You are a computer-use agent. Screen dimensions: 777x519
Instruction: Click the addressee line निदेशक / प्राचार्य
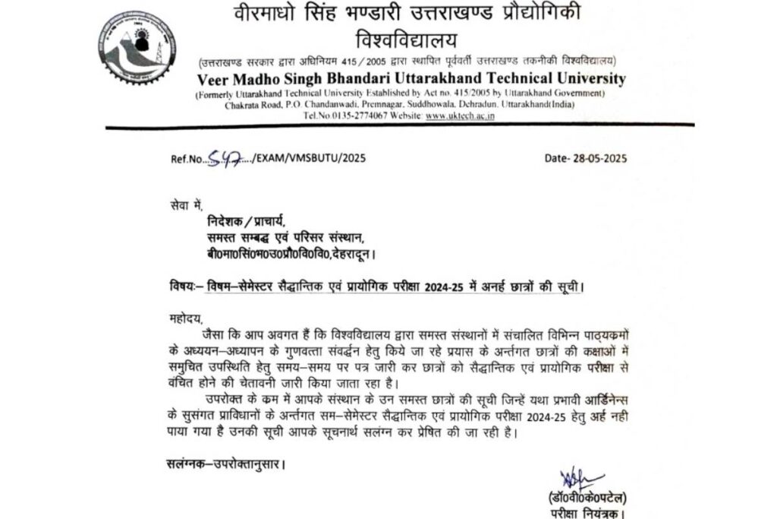pyautogui.click(x=247, y=221)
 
